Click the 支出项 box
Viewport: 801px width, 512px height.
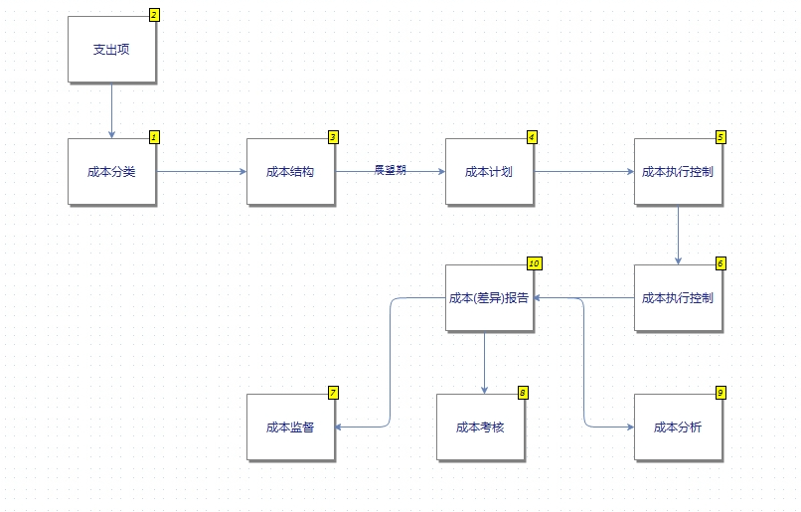[x=111, y=50]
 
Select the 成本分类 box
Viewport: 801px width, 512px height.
[x=111, y=171]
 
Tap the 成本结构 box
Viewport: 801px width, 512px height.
[x=290, y=171]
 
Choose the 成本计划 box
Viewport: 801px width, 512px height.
[x=489, y=171]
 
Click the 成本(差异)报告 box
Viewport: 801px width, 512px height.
[x=489, y=297]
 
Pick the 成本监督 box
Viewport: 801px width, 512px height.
[x=290, y=427]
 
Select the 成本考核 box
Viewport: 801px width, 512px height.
[x=480, y=427]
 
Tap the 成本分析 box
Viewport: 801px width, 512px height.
[x=678, y=427]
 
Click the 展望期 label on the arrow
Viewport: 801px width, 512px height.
[x=390, y=170]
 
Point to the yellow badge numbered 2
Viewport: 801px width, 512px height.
[x=154, y=15]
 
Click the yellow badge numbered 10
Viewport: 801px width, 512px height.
[x=534, y=263]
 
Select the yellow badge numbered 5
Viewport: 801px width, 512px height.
[x=721, y=137]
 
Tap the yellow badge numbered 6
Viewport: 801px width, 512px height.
[x=721, y=263]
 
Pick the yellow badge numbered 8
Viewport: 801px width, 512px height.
[x=523, y=393]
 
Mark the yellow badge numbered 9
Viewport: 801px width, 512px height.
[x=721, y=393]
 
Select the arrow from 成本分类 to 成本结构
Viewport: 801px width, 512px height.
[x=202, y=171]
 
